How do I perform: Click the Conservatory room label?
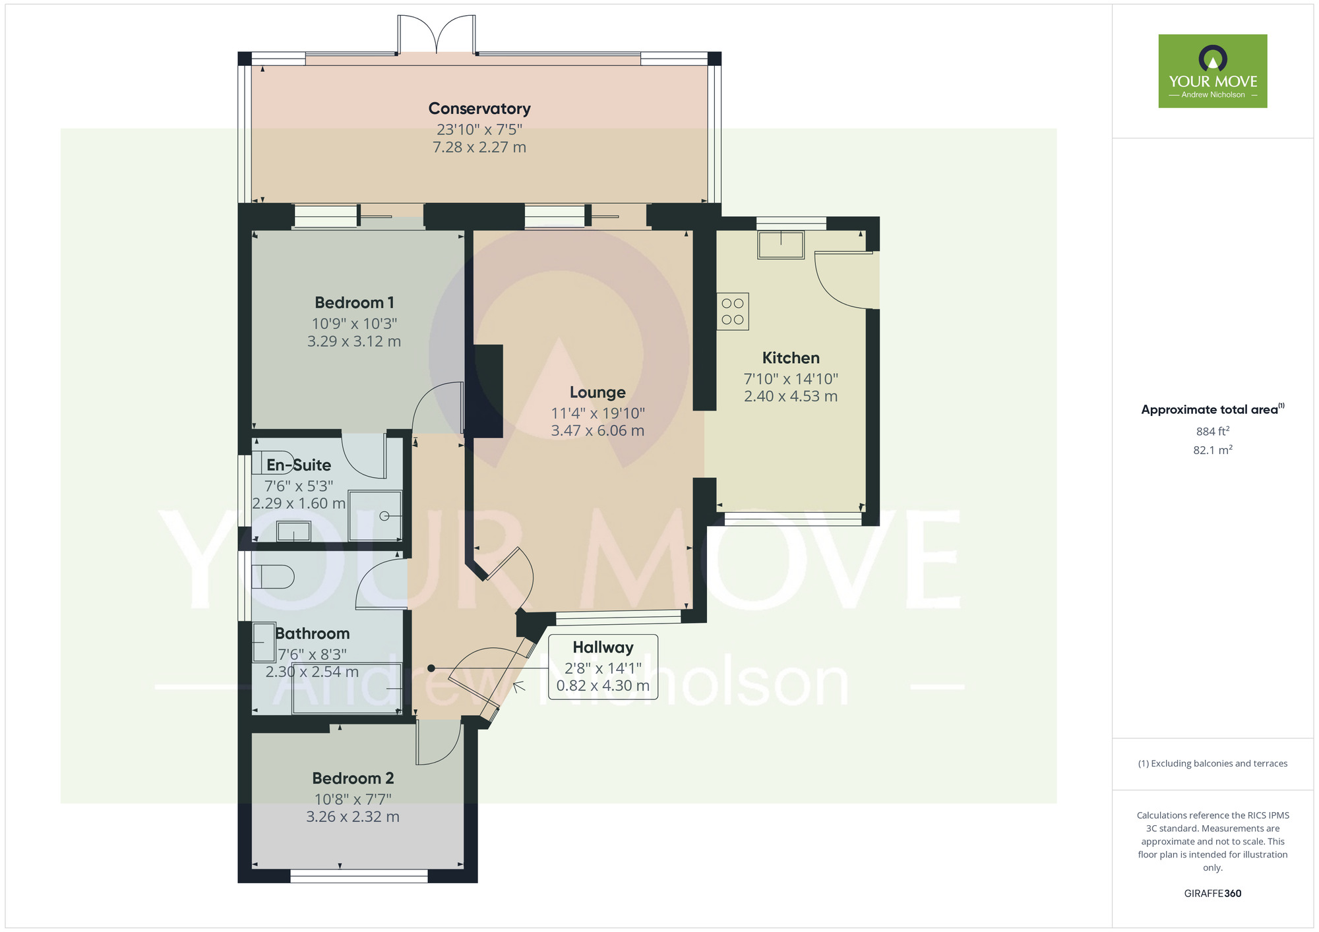click(479, 108)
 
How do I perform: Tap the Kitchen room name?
click(791, 358)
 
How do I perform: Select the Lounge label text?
click(598, 392)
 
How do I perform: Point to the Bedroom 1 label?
click(354, 303)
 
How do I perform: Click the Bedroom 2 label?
click(353, 778)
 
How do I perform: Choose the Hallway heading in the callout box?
click(603, 647)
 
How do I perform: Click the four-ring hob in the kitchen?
click(733, 311)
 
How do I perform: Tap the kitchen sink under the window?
click(781, 245)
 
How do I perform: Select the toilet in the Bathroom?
click(273, 577)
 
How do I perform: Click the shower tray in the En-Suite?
click(375, 515)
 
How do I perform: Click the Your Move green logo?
click(1213, 71)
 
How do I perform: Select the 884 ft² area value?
click(1213, 431)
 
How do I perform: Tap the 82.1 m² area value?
click(1213, 450)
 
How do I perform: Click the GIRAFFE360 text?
click(1213, 894)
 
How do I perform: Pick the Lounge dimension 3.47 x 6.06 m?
click(598, 430)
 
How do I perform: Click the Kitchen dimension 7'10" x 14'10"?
click(791, 379)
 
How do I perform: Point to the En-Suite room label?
click(299, 465)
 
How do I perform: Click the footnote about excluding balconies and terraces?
click(1213, 763)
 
